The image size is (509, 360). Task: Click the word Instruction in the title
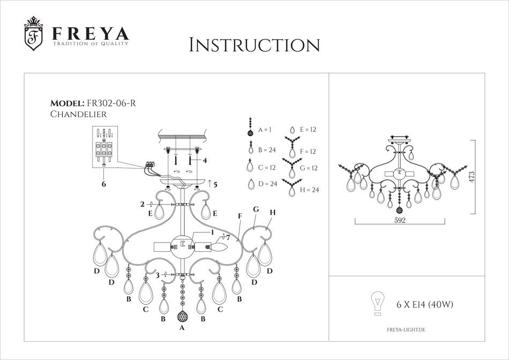[x=254, y=45]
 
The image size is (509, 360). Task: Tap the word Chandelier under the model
[x=78, y=114]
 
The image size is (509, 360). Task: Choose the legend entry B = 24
[x=266, y=149]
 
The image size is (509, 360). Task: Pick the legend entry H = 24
[x=309, y=190]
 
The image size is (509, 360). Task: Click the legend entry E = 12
[x=308, y=130]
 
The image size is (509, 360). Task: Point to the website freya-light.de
[x=406, y=332]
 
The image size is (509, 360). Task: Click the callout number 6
[x=104, y=184]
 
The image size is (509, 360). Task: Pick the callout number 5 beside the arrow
[x=215, y=185]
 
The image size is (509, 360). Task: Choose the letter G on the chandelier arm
[x=256, y=209]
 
